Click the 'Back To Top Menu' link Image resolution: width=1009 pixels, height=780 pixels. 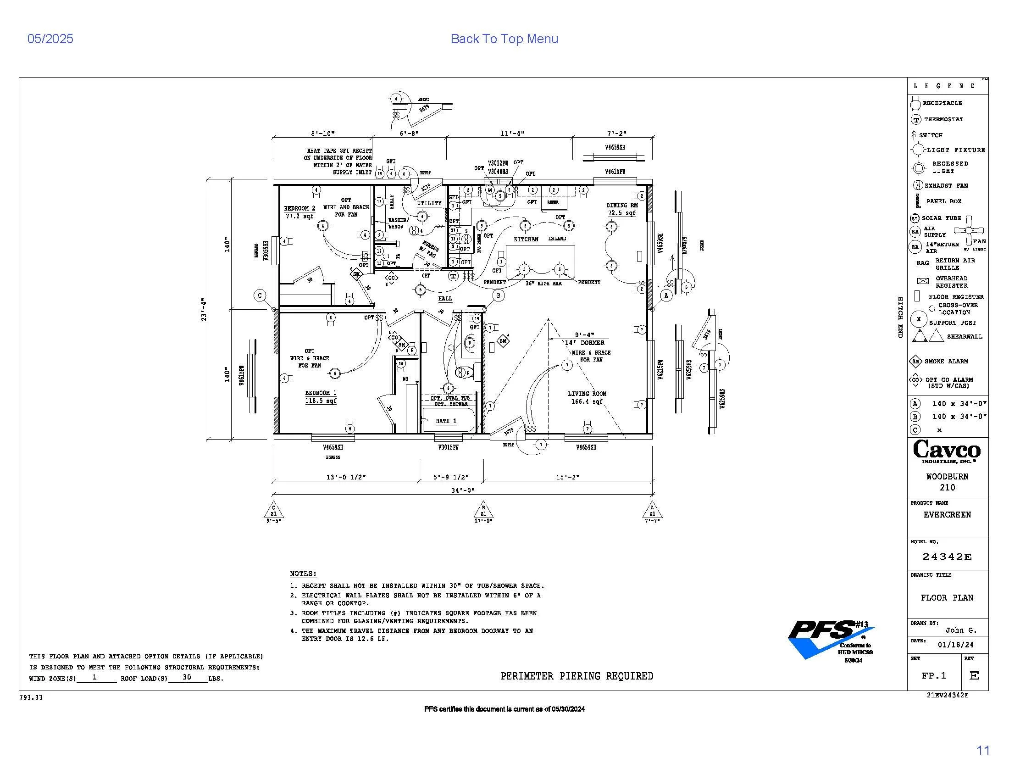504,39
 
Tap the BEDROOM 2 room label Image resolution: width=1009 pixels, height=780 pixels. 299,208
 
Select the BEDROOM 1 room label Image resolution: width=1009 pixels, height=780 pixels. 321,393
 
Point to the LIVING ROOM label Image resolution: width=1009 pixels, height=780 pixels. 587,394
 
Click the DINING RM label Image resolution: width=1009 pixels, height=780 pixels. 622,205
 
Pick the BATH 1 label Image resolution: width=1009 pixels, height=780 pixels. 446,421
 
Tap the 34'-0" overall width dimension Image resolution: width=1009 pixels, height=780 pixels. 463,490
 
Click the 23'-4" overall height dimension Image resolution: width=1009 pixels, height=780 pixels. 204,309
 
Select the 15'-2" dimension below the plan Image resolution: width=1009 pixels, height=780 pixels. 567,477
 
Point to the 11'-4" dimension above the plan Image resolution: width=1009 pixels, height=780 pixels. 512,134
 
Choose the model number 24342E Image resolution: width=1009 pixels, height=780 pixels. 947,557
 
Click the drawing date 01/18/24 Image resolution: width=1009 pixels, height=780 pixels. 955,645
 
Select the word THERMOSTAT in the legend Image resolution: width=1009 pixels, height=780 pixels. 943,119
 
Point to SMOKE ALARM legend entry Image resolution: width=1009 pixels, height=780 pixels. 946,362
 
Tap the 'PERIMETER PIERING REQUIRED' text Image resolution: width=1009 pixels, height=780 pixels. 577,676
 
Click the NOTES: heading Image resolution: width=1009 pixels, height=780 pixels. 303,574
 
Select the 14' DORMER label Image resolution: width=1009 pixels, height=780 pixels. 584,343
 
